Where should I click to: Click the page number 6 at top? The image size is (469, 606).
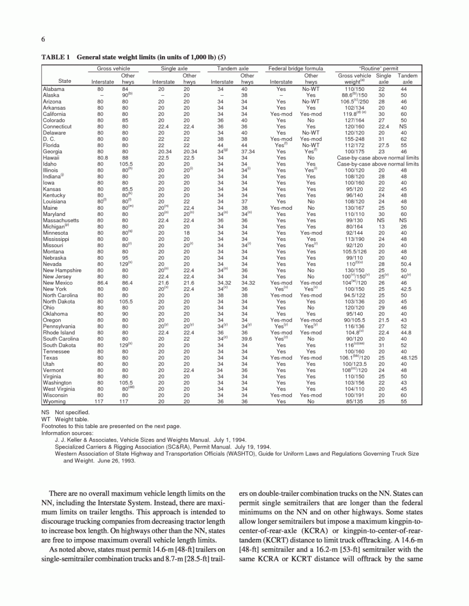[43, 39]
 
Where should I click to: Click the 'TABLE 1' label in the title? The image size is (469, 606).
[55, 57]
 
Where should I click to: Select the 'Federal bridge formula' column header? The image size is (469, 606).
[295, 69]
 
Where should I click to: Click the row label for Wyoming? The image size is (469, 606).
[54, 401]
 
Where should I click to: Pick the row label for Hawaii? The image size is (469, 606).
[51, 158]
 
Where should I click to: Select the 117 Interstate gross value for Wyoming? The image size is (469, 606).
[99, 401]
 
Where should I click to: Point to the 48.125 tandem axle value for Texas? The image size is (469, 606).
[409, 358]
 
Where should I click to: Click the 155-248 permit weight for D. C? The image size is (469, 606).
[354, 139]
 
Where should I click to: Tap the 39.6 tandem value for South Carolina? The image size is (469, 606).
[247, 339]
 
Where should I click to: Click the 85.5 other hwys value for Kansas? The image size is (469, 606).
[126, 189]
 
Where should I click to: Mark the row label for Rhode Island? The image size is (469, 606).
[59, 332]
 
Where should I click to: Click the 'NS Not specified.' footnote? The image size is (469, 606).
[65, 412]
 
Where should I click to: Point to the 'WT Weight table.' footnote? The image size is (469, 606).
[64, 419]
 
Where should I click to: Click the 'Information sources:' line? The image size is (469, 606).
[67, 433]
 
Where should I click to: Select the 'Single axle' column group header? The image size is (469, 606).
[174, 69]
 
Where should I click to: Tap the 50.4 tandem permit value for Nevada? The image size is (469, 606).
[406, 264]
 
